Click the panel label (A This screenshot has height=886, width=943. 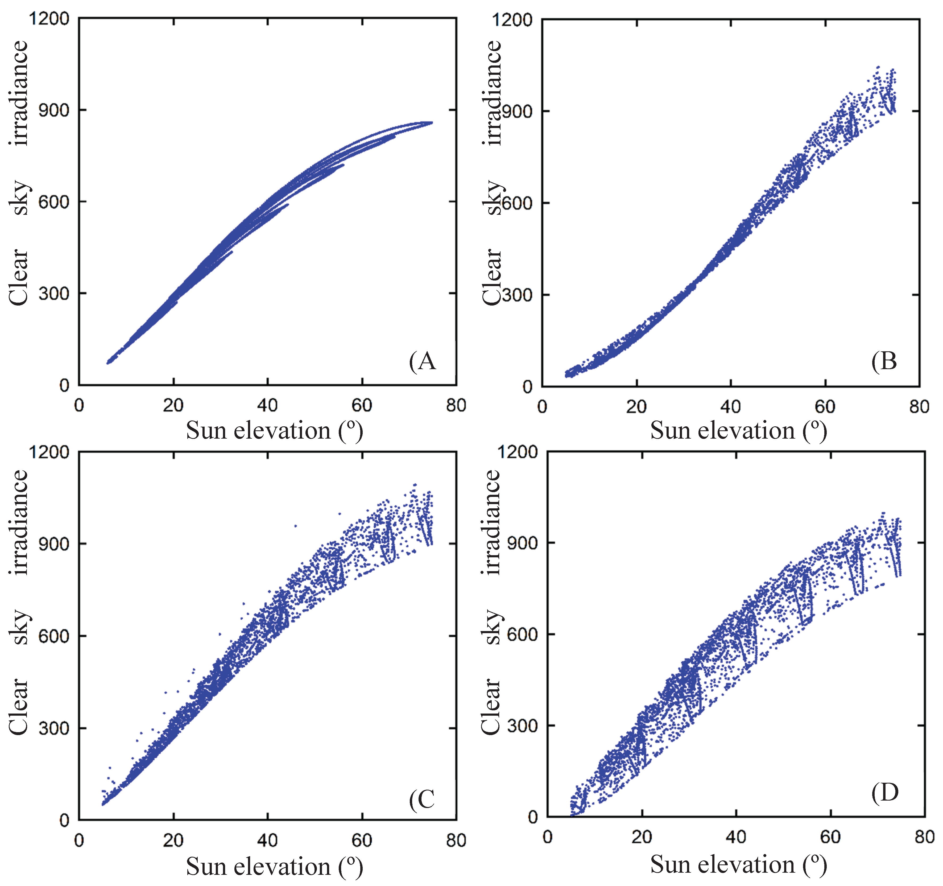[x=422, y=362]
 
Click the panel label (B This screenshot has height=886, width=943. [x=884, y=362]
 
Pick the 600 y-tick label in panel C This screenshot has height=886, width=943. [x=53, y=636]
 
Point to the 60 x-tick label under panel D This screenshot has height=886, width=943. [x=830, y=837]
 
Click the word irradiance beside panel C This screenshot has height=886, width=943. [x=19, y=522]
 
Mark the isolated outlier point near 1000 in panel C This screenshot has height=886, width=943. [x=339, y=513]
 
